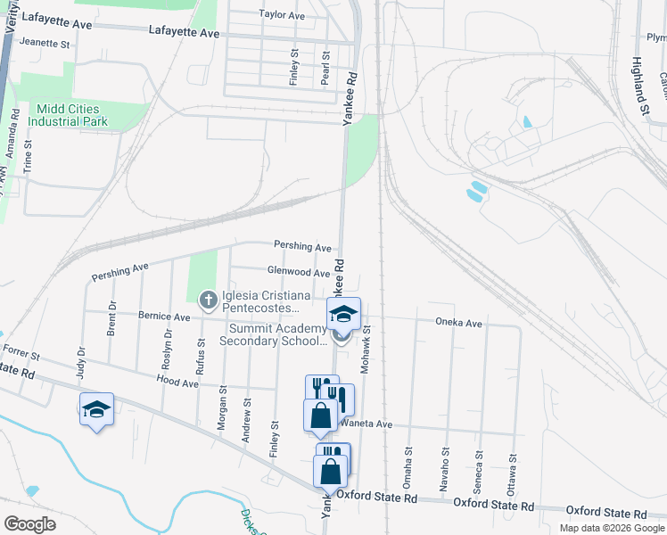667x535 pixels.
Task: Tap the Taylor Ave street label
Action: (282, 15)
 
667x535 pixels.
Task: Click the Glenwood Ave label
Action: (299, 271)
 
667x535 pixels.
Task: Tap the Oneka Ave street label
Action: (458, 323)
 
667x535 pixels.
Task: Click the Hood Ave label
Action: (177, 382)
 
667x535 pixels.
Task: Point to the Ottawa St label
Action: (513, 466)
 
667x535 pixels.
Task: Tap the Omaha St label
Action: (408, 465)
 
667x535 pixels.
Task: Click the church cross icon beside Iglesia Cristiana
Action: (208, 298)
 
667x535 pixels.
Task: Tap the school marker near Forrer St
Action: (96, 409)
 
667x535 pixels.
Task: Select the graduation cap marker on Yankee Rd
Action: (343, 314)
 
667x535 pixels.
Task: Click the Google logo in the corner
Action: (29, 524)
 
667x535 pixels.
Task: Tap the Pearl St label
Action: (325, 68)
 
